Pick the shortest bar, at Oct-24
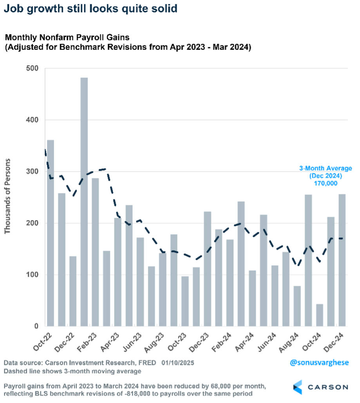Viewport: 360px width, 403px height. coord(320,315)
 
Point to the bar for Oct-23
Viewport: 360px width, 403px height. coord(185,301)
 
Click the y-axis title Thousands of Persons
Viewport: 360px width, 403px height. coord(7,196)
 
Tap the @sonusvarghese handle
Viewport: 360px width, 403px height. coord(319,363)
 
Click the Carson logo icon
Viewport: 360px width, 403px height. coord(298,387)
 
